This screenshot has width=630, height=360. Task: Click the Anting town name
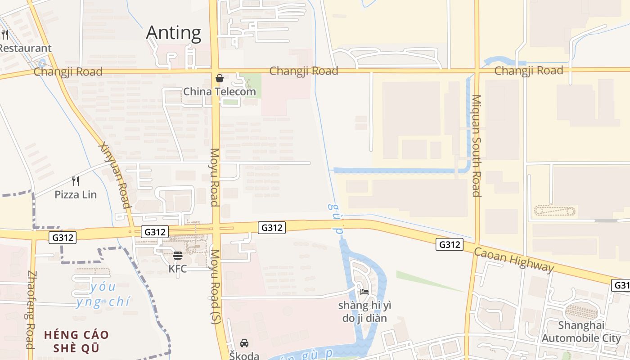(x=174, y=33)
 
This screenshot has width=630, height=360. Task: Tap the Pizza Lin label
(x=76, y=195)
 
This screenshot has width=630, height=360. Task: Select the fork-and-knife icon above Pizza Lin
(x=76, y=181)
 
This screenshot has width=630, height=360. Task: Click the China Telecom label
(x=219, y=92)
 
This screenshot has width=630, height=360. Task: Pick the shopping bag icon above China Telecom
(x=220, y=78)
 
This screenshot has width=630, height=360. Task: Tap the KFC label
(x=177, y=269)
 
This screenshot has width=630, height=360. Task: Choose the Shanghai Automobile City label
(x=581, y=332)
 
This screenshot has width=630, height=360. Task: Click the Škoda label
(x=244, y=355)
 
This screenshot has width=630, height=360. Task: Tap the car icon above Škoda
(x=244, y=343)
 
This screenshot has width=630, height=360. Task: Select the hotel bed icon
(x=364, y=292)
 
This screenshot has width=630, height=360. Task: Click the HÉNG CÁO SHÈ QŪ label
(x=76, y=342)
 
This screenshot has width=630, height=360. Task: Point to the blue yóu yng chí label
(x=103, y=294)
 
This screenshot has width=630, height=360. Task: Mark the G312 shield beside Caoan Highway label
(x=450, y=244)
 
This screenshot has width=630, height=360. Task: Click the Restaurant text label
(x=26, y=48)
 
